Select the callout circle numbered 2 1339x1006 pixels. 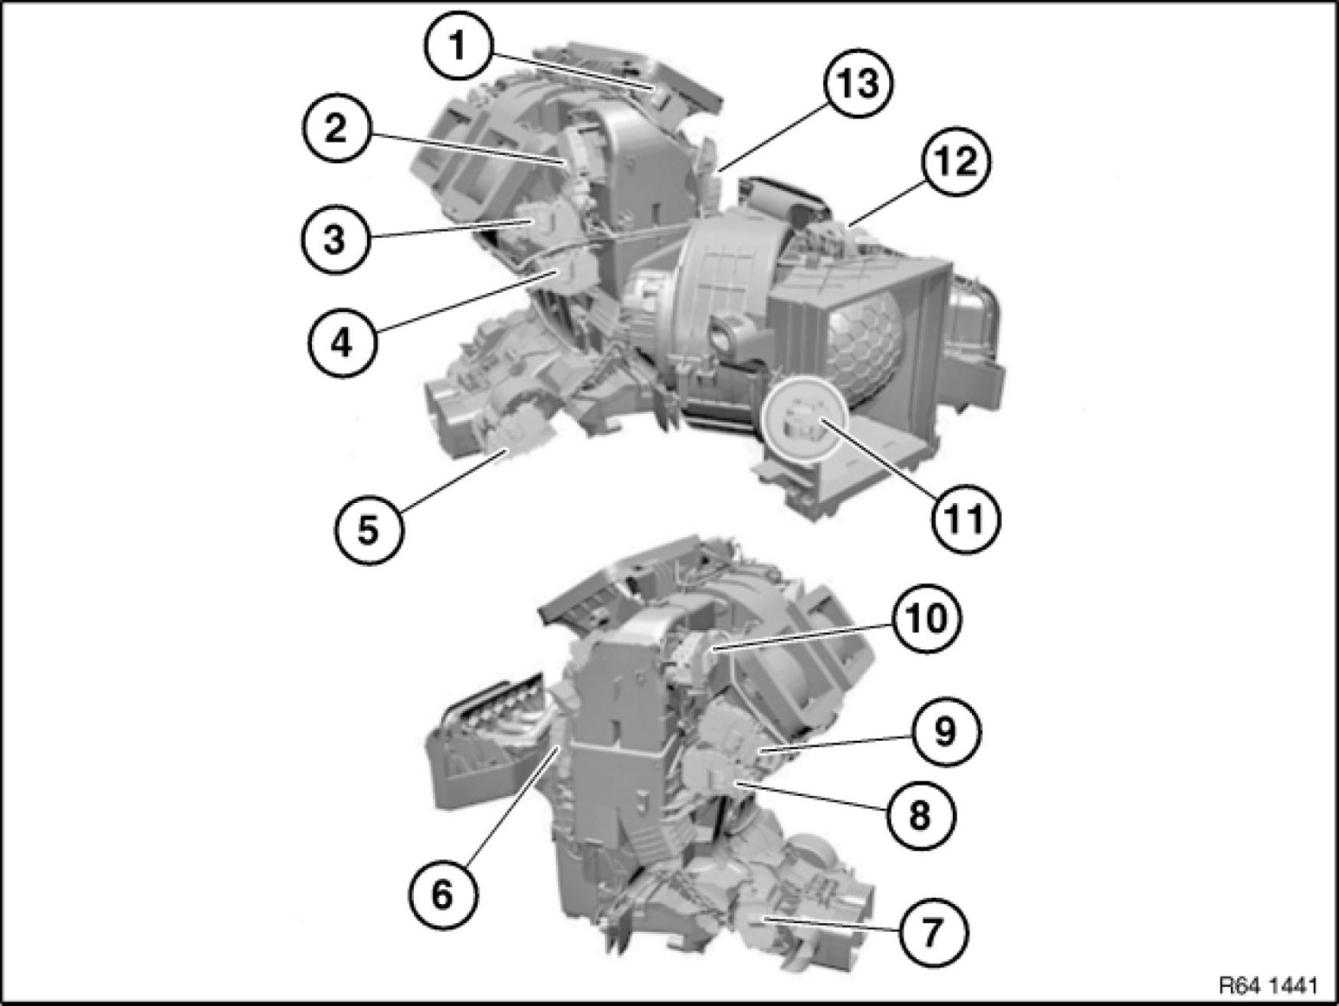coord(335,129)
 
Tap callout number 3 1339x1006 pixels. coord(333,239)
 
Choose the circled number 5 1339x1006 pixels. coord(368,528)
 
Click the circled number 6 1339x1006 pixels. coord(442,895)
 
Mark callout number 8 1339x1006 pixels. coord(920,815)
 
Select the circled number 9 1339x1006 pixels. coord(945,731)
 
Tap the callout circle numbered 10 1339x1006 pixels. coord(926,619)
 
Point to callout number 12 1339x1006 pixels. coord(956,162)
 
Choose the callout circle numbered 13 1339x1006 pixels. coord(858,83)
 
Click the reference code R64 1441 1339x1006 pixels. coord(1268,984)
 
